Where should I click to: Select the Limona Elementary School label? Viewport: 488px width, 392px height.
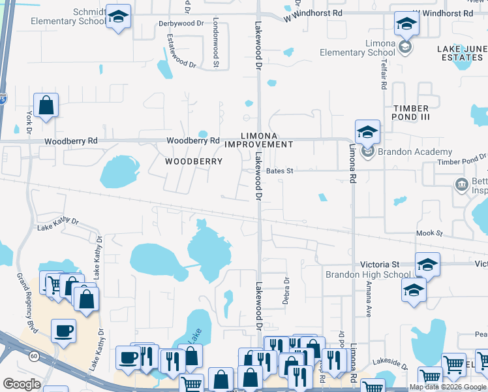pyautogui.click(x=371, y=48)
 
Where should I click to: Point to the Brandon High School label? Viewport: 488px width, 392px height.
pyautogui.click(x=369, y=274)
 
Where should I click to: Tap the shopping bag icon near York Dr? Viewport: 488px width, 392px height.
pyautogui.click(x=46, y=105)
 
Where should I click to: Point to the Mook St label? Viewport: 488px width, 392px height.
pyautogui.click(x=430, y=233)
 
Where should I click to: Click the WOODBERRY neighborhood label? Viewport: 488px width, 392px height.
pyautogui.click(x=194, y=161)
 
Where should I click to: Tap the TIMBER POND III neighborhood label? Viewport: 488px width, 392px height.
pyautogui.click(x=411, y=113)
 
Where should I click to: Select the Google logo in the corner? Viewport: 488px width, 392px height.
pyautogui.click(x=22, y=384)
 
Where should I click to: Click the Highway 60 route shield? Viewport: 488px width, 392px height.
pyautogui.click(x=33, y=357)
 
